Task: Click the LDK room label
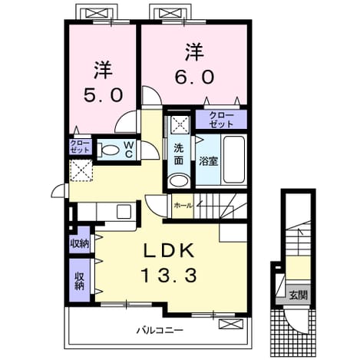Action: tap(169, 250)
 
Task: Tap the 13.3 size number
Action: tap(169, 275)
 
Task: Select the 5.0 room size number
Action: tap(103, 95)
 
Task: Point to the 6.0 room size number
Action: tap(194, 77)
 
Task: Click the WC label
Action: tap(129, 150)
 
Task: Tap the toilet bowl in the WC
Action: tap(108, 150)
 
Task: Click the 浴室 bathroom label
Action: tap(209, 161)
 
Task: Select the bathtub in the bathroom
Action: tap(234, 160)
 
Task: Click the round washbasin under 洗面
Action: tap(179, 180)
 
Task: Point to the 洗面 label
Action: tap(179, 154)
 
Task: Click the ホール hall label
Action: tap(183, 205)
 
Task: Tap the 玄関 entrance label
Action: tap(298, 296)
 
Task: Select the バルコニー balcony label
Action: tap(160, 330)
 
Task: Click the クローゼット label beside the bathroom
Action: tap(221, 120)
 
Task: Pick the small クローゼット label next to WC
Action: tap(80, 147)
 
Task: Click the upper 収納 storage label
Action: tap(80, 243)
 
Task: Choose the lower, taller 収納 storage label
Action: tap(80, 281)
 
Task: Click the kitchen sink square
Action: tap(124, 211)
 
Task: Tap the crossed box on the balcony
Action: tap(230, 324)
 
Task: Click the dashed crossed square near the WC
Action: tap(81, 170)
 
